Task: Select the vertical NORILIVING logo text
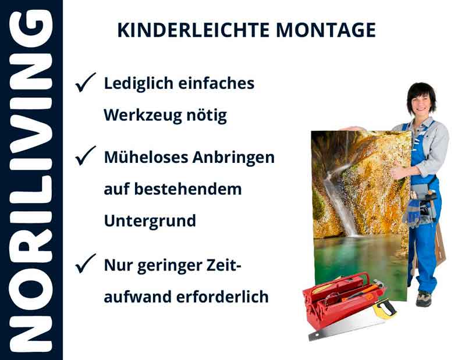[31, 180]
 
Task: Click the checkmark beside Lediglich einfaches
[85, 84]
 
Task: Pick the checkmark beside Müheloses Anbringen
[85, 156]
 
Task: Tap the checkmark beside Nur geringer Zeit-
[85, 265]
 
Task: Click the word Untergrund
[150, 222]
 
